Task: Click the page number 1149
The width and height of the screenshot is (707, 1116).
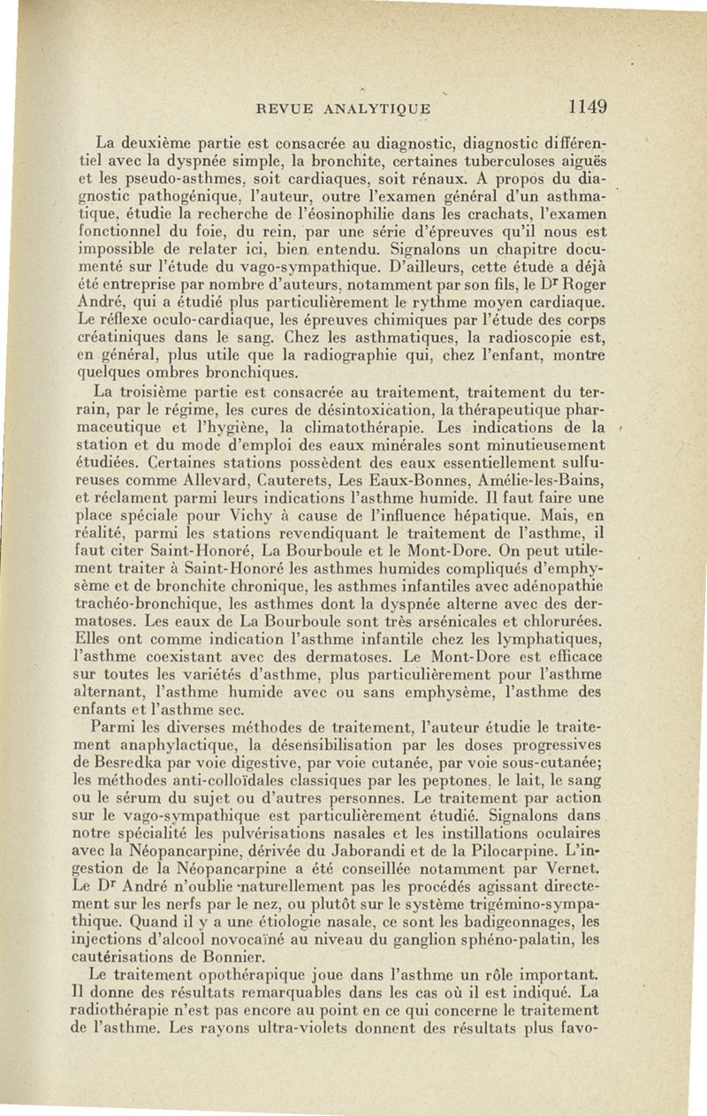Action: click(587, 107)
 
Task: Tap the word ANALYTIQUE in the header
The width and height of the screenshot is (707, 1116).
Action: click(376, 109)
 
